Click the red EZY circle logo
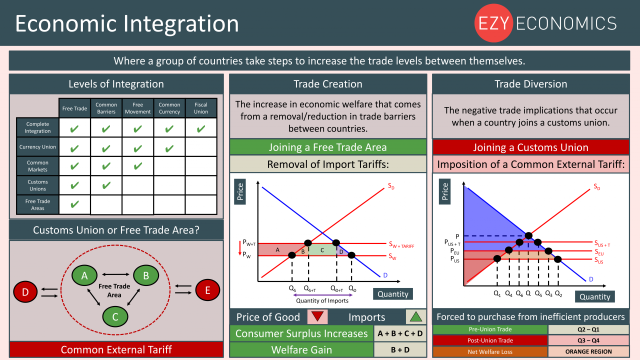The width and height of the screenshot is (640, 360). click(x=493, y=23)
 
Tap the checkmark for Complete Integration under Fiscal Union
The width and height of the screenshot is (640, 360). click(x=201, y=129)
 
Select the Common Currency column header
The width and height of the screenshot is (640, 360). click(x=169, y=108)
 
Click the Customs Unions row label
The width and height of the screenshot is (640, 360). click(x=37, y=185)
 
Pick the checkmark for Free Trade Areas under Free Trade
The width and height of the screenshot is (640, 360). click(x=74, y=204)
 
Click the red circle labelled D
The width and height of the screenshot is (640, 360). click(x=25, y=291)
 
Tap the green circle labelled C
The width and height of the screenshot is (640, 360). click(x=115, y=316)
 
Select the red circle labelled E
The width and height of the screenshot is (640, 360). click(x=207, y=290)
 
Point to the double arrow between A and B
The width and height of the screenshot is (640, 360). click(x=115, y=274)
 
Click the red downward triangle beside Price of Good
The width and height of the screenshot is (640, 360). click(x=317, y=316)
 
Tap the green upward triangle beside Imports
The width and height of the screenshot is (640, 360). click(x=415, y=316)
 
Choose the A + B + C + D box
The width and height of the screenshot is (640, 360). click(x=400, y=333)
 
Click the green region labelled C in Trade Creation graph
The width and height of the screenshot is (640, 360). click(x=322, y=249)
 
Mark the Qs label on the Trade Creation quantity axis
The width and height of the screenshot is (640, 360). click(x=292, y=288)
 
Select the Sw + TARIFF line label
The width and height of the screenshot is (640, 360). click(x=401, y=245)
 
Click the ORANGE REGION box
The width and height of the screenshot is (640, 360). click(x=588, y=351)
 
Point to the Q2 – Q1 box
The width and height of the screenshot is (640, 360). click(x=588, y=329)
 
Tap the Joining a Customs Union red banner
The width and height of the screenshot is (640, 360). click(x=531, y=147)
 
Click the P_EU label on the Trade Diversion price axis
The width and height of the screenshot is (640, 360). click(x=455, y=251)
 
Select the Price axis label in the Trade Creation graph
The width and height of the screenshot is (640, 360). click(x=240, y=191)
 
